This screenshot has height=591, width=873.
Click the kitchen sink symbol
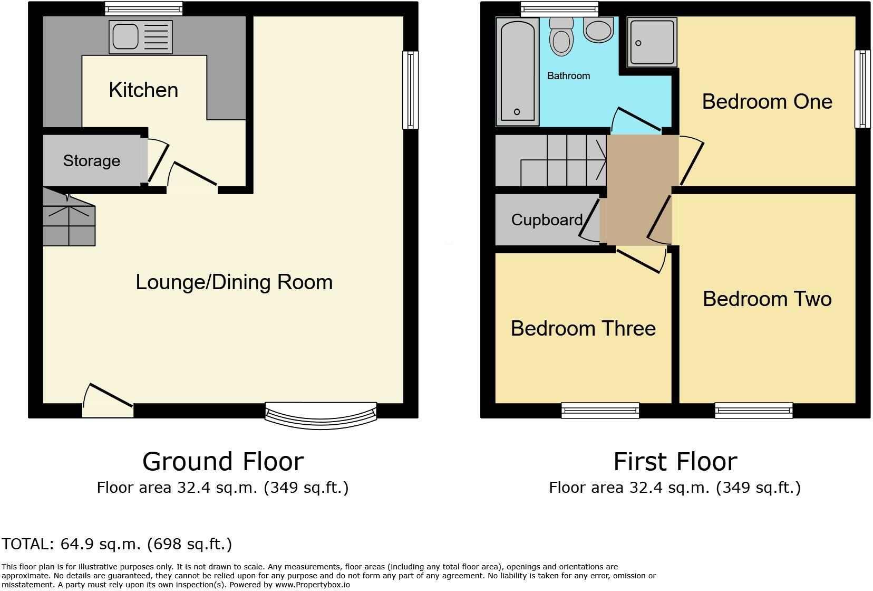click(x=140, y=37)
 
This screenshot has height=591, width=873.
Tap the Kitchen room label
click(x=143, y=90)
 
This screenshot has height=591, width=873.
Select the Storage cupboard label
click(x=92, y=160)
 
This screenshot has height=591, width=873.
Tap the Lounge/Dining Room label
click(x=234, y=282)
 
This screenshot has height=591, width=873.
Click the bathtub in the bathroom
click(x=517, y=71)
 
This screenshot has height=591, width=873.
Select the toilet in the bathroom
click(x=561, y=36)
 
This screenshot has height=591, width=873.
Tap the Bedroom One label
click(x=767, y=101)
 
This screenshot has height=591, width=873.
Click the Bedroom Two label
click(x=767, y=299)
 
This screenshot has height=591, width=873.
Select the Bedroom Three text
click(x=583, y=328)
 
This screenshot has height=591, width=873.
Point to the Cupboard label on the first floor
click(x=547, y=220)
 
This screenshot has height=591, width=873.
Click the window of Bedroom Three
click(x=600, y=410)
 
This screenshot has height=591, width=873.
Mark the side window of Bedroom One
click(x=862, y=89)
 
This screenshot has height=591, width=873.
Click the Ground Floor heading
click(x=223, y=462)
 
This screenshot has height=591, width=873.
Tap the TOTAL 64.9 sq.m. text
click(x=117, y=544)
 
